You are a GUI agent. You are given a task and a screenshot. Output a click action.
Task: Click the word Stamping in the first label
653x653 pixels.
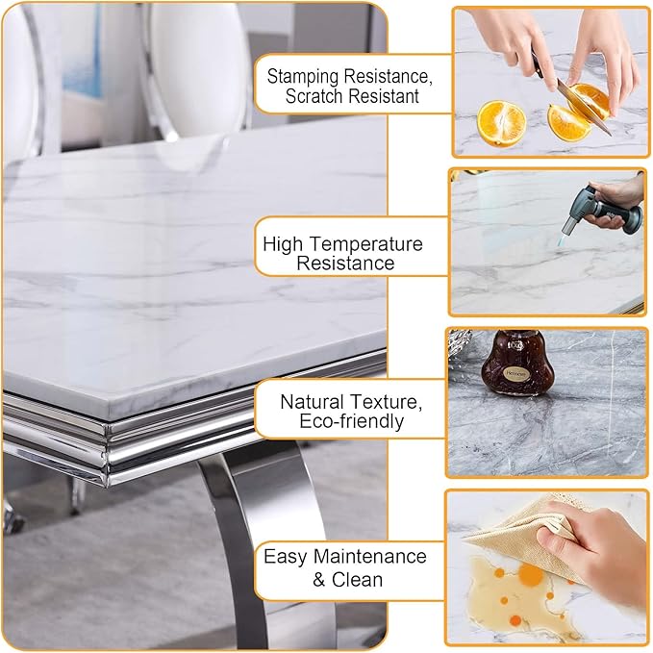click(x=303, y=78)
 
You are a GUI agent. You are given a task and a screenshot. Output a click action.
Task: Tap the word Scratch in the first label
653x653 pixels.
click(x=314, y=96)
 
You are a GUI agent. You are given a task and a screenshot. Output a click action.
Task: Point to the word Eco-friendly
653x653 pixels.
click(x=351, y=421)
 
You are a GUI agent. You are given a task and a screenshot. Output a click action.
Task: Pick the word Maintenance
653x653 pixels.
click(x=370, y=557)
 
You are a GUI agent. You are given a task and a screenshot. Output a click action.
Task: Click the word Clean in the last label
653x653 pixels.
click(x=357, y=579)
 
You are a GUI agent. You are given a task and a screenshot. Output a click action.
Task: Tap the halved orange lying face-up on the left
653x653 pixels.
click(x=501, y=124)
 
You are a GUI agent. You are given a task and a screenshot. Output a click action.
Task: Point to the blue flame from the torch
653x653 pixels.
click(x=563, y=239)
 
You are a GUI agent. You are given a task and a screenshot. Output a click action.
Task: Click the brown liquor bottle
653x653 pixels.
click(x=517, y=363)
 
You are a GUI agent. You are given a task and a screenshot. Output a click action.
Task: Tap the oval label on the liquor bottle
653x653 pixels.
click(x=517, y=373)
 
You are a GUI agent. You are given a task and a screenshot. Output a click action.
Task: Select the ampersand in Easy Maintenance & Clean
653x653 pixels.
click(x=319, y=580)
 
